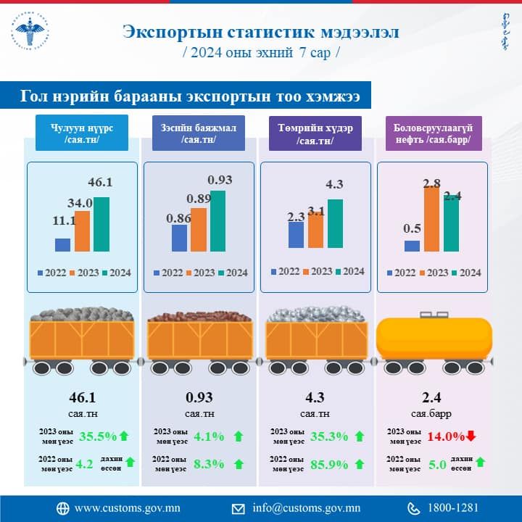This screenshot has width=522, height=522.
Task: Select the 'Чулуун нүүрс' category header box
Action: coord(81,133)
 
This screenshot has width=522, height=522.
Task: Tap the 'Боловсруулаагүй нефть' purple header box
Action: coord(432,133)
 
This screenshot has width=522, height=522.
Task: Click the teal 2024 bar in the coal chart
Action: coord(101,224)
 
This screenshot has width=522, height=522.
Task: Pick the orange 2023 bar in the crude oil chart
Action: coord(432,219)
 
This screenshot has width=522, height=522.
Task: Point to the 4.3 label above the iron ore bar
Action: coord(334,184)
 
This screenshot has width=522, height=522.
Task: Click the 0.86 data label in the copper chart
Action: coord(177,216)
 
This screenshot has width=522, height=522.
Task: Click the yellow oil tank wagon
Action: coord(434,337)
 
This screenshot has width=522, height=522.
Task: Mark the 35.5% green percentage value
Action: coord(97,436)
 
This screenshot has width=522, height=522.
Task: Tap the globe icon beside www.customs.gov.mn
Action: coord(62,507)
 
